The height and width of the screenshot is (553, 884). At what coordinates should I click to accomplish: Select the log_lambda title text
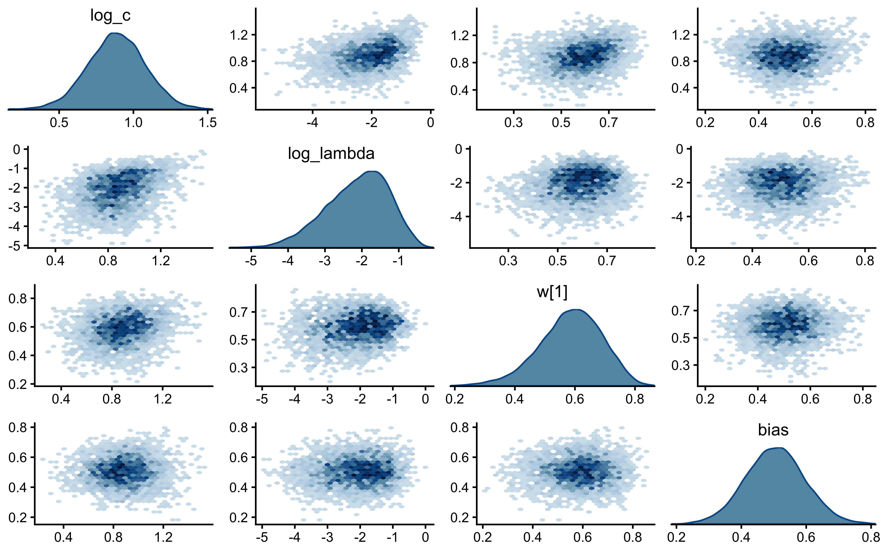click(331, 154)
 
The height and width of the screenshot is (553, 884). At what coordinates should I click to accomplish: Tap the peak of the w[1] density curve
click(575, 310)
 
